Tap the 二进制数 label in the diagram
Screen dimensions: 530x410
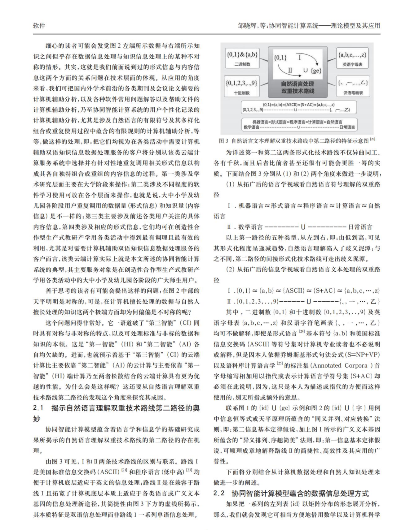[242, 64]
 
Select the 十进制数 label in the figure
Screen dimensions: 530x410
[242, 93]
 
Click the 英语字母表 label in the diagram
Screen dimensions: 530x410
[353, 65]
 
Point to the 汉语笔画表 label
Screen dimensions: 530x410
[353, 93]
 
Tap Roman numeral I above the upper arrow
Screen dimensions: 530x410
[299, 57]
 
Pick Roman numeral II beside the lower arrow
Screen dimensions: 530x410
[290, 70]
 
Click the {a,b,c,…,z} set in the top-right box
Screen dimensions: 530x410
[353, 55]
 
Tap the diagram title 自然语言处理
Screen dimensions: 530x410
[298, 84]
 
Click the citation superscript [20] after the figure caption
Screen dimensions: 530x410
[373, 139]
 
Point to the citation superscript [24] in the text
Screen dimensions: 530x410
[302, 332]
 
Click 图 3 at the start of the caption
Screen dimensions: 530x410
[223, 141]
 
